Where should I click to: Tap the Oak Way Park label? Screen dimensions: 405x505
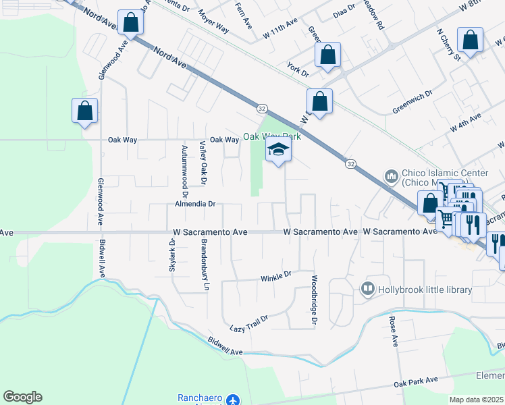[271, 136]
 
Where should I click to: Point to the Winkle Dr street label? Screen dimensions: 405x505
[275, 275]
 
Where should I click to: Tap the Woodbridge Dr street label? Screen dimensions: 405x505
[314, 298]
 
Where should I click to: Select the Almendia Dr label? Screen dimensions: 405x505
[194, 202]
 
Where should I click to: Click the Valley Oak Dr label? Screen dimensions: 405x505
[202, 163]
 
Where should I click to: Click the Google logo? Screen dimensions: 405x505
[22, 397]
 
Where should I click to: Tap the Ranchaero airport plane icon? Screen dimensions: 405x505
[234, 400]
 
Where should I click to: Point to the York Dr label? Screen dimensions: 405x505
[297, 69]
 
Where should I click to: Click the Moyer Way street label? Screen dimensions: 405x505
[213, 22]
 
